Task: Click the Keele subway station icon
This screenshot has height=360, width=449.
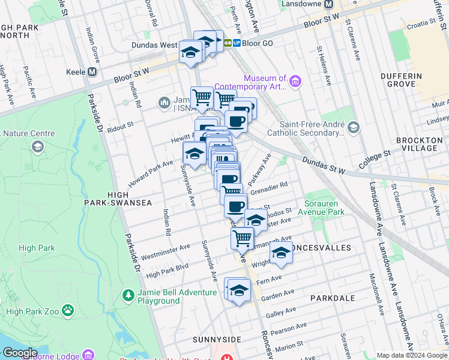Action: [92, 71]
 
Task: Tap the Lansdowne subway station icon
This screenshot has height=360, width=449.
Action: [328, 4]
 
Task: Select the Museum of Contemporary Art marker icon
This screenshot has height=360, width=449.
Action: [295, 81]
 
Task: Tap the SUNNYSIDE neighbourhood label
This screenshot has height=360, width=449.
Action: [217, 339]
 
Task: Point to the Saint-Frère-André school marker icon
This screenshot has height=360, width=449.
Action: [353, 127]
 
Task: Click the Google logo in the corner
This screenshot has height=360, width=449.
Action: [19, 353]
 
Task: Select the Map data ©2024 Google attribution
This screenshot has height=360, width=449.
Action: [412, 355]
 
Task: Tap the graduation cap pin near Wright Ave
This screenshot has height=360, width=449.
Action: [281, 253]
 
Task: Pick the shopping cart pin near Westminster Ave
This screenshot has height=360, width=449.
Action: [243, 237]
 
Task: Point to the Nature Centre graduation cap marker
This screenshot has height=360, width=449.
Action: [37, 146]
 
